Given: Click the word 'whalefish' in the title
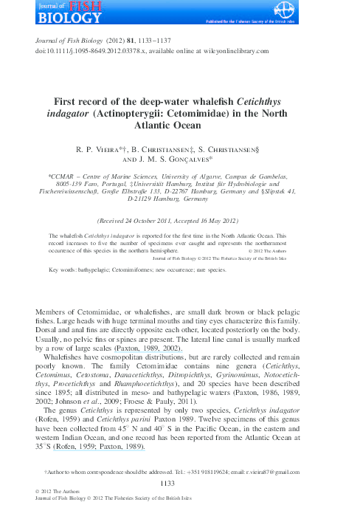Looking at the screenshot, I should click(224, 101).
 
